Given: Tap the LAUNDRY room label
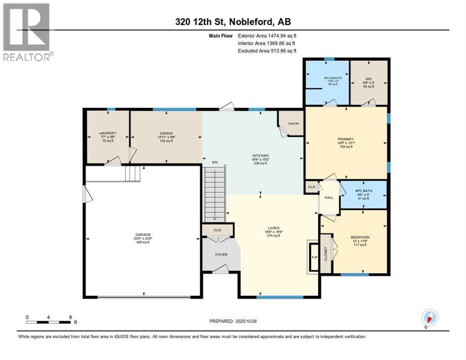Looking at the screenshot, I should (107, 133).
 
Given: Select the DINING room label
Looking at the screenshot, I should (166, 133).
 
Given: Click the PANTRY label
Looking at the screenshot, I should (294, 124).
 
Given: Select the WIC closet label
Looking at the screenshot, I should (368, 78).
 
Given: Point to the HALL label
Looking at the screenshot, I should (329, 197).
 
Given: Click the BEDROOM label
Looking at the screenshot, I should (360, 237).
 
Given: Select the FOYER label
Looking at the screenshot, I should (221, 255).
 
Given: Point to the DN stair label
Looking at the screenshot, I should (215, 162).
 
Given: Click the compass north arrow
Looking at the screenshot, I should (429, 317).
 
